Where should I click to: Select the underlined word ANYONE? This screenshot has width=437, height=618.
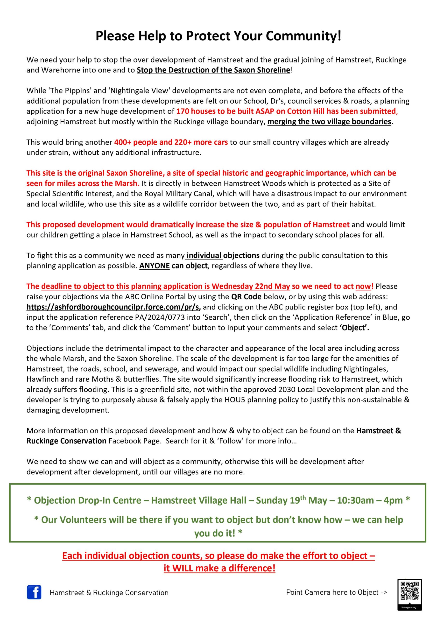click(154, 266)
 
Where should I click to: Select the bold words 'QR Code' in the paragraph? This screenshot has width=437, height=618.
click(246, 297)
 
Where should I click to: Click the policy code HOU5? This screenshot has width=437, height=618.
click(234, 400)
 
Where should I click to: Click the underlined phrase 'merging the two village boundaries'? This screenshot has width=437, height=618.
click(329, 122)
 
